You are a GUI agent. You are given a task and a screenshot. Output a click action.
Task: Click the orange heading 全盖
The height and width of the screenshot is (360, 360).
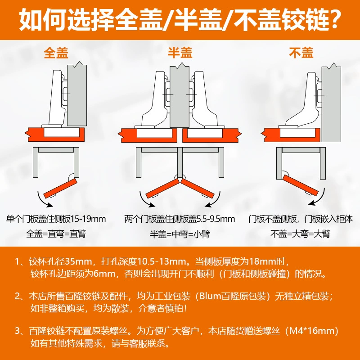click(56, 53)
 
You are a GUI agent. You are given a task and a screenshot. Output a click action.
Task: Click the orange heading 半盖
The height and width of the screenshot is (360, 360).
click(180, 53)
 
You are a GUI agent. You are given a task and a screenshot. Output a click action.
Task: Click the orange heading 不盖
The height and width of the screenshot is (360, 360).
click(301, 53)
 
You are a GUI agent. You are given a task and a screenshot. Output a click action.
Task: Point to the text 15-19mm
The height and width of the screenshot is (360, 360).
click(88, 219)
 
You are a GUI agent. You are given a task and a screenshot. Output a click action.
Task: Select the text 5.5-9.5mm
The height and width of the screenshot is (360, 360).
click(216, 219)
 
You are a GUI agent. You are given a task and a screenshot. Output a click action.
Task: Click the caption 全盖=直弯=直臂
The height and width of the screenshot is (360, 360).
click(56, 234)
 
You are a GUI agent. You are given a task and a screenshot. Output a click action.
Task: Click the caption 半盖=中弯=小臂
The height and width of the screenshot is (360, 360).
click(180, 234)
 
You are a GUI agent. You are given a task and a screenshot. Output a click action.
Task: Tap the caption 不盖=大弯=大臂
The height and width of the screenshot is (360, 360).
click(300, 234)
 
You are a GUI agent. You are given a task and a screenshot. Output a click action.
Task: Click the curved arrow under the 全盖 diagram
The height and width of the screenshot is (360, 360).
click(42, 201)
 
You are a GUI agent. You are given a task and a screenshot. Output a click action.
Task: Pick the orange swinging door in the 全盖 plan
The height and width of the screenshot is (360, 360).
click(60, 188)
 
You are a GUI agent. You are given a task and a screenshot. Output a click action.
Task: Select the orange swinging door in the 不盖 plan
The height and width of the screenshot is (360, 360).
click(300, 185)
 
